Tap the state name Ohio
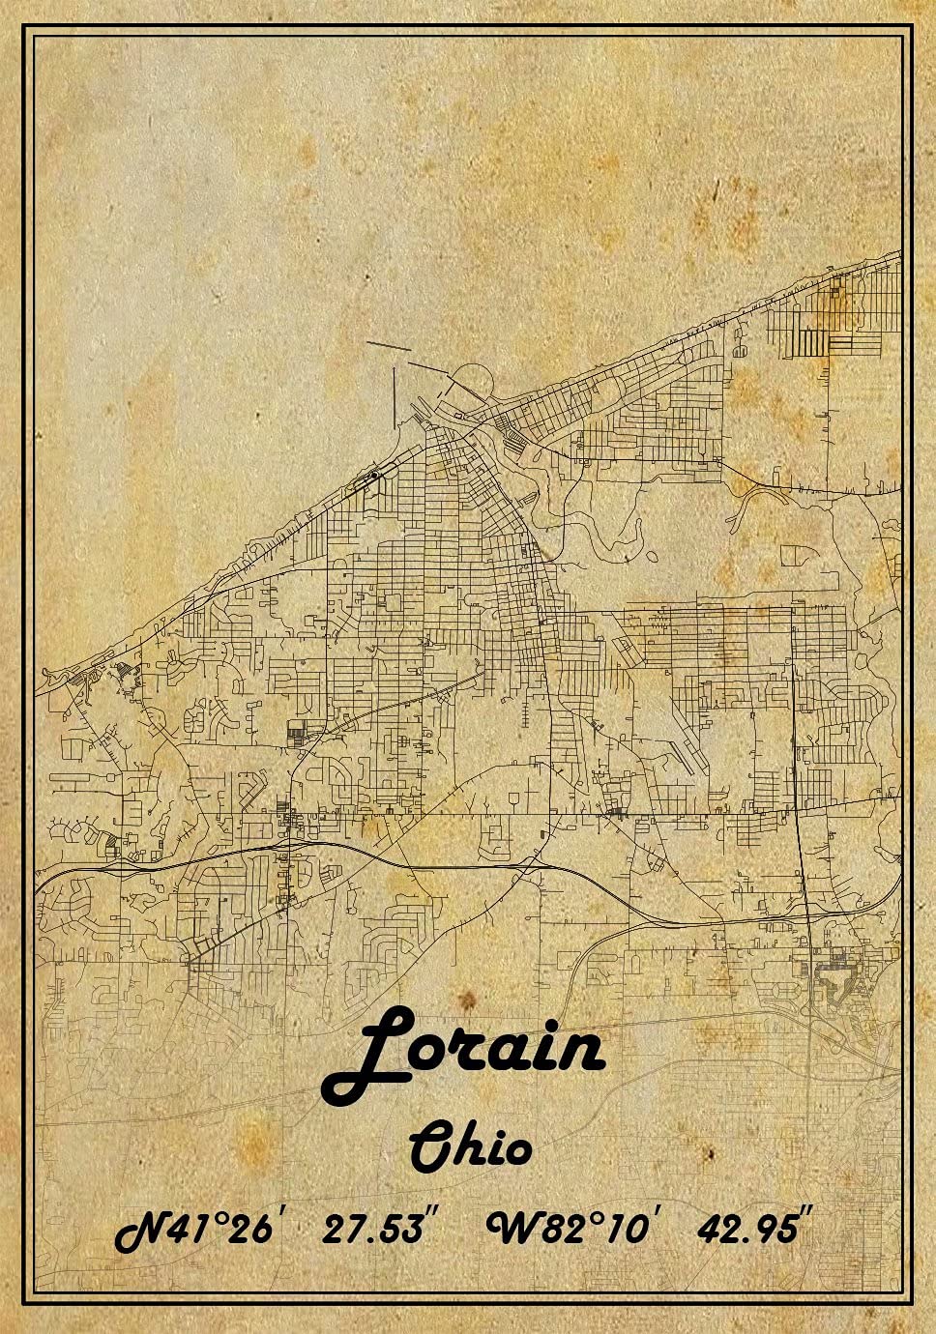(x=470, y=1147)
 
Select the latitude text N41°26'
(x=197, y=1230)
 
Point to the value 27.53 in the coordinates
(x=373, y=1230)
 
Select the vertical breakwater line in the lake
(x=394, y=397)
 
